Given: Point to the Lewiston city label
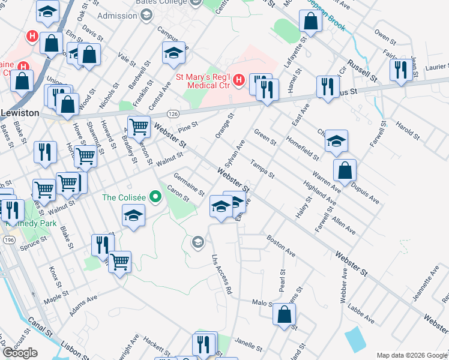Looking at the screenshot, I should [19, 113].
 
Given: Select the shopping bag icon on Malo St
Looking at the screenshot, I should [285, 314].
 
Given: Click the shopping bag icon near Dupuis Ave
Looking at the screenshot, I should [345, 170].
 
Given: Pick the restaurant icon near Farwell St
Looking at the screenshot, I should [401, 70].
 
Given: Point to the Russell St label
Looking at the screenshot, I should [364, 71].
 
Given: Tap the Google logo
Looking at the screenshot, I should [20, 353].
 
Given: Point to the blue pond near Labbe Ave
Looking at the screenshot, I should [355, 340].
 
